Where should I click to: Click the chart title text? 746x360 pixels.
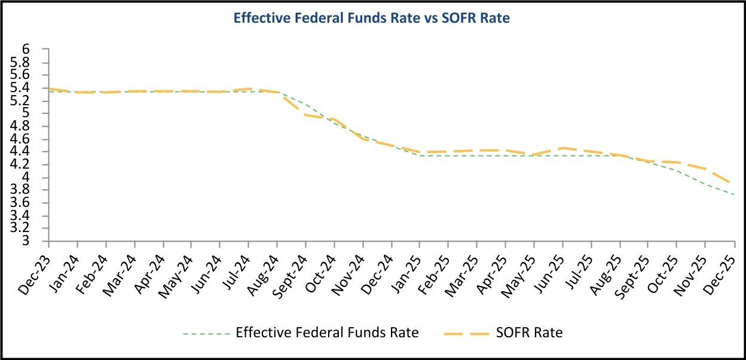click(371, 19)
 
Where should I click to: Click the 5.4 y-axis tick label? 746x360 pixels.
click(35, 88)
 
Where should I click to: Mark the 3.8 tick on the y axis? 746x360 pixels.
click(35, 190)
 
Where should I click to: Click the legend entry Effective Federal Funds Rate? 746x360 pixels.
click(327, 333)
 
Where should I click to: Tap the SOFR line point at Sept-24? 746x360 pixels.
click(306, 115)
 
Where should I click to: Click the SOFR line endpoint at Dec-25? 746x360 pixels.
click(733, 182)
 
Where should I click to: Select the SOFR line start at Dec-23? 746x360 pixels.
click(49, 89)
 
